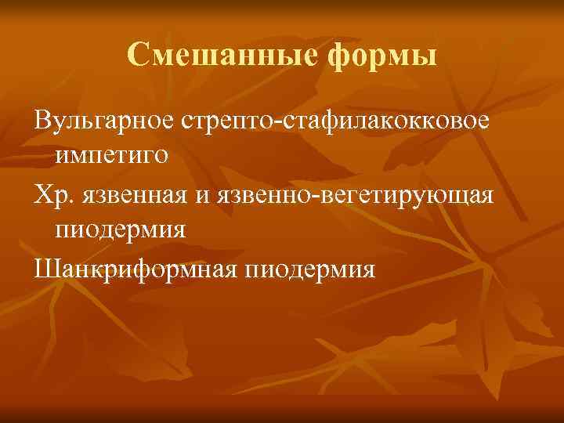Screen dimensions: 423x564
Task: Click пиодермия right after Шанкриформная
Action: (310, 269)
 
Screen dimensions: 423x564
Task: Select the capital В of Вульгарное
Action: (41, 121)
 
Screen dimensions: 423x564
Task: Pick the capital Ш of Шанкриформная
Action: (44, 269)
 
